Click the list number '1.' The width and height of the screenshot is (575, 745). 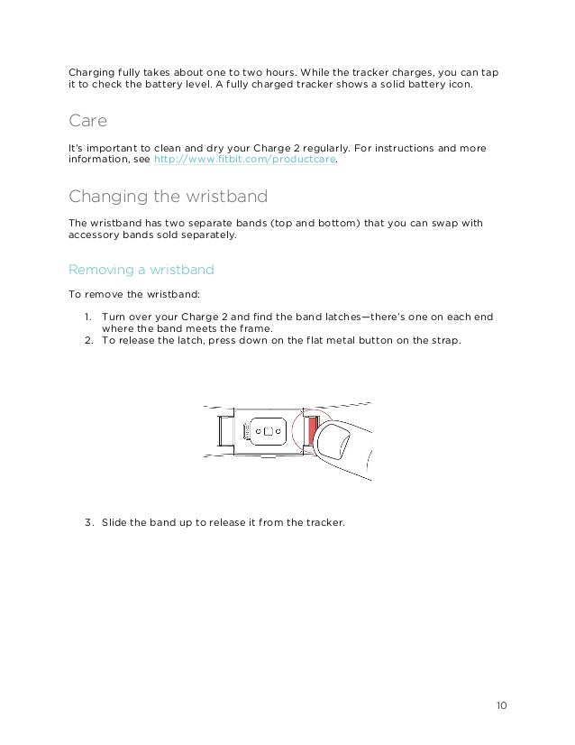[x=90, y=317]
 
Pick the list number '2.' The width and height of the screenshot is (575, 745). [x=90, y=341]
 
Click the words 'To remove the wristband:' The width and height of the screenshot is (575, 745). [x=123, y=294]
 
